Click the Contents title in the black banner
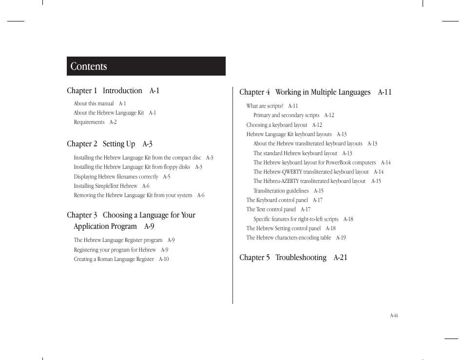(89, 66)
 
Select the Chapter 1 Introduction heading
(113, 91)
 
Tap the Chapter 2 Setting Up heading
(110, 144)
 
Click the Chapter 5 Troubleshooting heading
(293, 258)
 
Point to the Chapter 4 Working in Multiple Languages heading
(315, 92)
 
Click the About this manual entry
(94, 103)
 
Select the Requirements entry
(89, 122)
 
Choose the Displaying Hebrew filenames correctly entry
(116, 177)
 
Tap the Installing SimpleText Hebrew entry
(106, 186)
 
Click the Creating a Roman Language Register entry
(114, 259)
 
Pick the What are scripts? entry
(265, 106)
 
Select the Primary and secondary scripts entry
(287, 115)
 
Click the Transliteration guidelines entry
(281, 191)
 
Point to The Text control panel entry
(271, 209)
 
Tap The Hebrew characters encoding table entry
(289, 238)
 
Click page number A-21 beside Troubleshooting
(340, 258)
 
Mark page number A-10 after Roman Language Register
(164, 259)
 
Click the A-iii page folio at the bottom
(394, 316)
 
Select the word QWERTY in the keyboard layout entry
(291, 172)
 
